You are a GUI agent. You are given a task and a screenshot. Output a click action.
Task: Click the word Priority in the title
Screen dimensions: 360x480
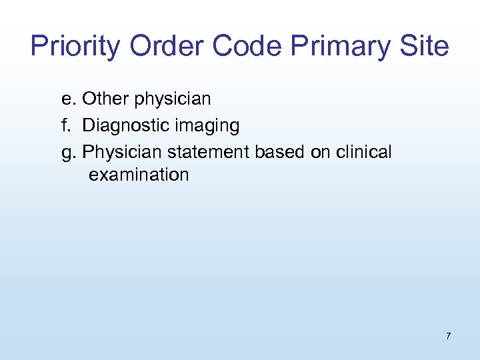click(x=76, y=47)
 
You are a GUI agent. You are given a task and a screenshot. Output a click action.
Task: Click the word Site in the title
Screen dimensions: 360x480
click(x=425, y=47)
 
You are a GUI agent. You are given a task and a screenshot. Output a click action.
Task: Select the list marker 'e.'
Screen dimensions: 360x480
click(x=68, y=99)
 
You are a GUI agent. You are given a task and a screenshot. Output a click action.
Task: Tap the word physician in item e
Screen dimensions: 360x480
click(x=173, y=100)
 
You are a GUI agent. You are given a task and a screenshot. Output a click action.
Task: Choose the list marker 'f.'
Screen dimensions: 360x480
click(x=66, y=125)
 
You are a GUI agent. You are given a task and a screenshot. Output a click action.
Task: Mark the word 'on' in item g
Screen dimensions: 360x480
click(x=321, y=152)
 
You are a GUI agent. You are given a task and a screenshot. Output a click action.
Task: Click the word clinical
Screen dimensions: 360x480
click(x=364, y=152)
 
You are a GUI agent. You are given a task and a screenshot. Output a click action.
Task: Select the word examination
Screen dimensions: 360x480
click(x=139, y=175)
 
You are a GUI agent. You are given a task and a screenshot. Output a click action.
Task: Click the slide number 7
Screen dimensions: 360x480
click(x=448, y=336)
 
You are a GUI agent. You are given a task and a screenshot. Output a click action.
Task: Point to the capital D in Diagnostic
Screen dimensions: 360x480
click(x=88, y=125)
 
